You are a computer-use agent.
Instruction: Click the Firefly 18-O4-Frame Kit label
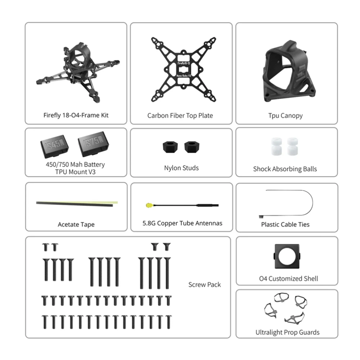76,116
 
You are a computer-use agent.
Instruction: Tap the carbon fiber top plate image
184,68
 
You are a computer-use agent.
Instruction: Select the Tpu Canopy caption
285,116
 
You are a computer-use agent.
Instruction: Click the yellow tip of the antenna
148,206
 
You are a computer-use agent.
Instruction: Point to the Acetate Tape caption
76,225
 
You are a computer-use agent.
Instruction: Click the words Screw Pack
204,285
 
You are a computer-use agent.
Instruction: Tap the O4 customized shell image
287,256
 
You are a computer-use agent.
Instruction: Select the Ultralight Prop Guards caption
287,333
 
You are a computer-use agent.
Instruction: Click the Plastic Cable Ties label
285,225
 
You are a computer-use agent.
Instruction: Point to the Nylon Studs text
181,168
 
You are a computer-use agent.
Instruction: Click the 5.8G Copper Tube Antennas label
182,224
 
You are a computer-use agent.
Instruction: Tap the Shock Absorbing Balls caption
285,169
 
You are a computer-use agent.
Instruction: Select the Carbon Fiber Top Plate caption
180,116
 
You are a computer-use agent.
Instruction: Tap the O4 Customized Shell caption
288,279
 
